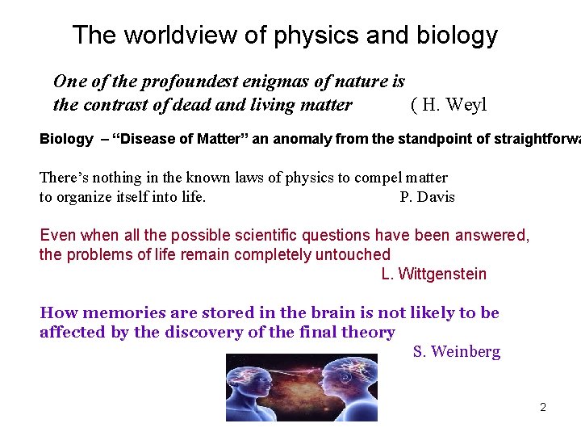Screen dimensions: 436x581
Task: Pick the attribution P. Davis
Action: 427,197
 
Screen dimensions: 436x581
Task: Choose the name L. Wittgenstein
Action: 433,275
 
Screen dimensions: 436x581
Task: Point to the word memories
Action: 110,313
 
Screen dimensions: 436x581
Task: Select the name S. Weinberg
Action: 456,352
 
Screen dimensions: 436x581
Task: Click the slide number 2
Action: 542,408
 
